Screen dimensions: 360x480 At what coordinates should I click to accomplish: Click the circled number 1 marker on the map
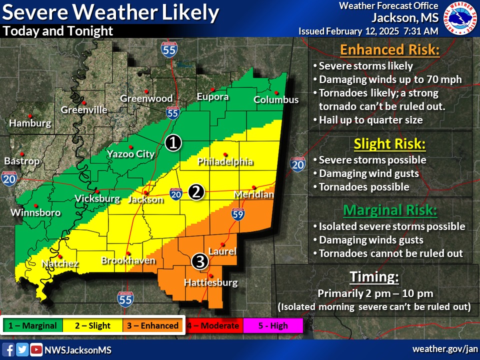click(173, 143)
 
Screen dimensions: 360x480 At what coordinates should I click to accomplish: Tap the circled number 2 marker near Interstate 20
click(196, 191)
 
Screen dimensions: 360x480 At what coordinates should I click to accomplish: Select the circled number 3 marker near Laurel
click(199, 260)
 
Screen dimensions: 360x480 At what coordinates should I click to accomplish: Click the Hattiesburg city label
click(210, 282)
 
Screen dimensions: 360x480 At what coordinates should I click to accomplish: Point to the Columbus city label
click(276, 99)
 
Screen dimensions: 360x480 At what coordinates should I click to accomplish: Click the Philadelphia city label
click(225, 161)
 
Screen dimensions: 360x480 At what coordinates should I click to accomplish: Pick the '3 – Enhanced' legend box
click(152, 325)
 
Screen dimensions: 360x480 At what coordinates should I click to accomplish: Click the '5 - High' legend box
click(273, 325)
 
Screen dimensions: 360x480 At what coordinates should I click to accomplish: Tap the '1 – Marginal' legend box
click(33, 325)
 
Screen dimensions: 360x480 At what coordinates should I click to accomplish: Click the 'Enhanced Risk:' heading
click(389, 50)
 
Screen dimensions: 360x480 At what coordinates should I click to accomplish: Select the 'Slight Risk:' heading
click(389, 144)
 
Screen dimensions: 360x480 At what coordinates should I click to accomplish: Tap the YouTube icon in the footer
click(36, 349)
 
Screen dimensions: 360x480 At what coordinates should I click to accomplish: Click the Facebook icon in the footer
click(8, 349)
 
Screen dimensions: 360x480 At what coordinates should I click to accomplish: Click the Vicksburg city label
click(97, 198)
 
